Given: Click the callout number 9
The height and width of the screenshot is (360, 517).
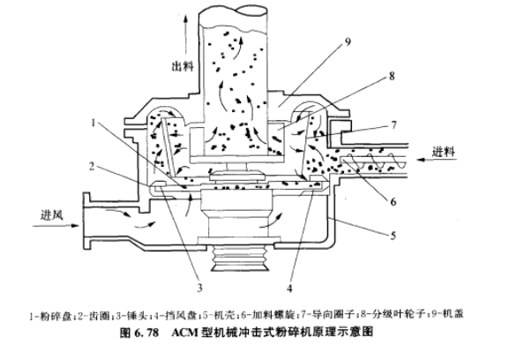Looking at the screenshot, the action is [348, 41].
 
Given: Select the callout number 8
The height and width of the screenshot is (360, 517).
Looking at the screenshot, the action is [392, 76].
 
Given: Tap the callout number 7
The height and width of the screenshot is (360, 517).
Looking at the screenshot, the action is [393, 125].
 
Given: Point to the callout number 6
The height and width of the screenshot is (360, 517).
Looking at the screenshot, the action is [393, 201].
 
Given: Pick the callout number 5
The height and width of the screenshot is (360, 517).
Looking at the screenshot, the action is [393, 236].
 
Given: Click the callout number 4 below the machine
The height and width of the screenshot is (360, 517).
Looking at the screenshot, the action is [289, 289].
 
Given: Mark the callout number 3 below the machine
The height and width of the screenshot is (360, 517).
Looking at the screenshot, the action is [199, 288].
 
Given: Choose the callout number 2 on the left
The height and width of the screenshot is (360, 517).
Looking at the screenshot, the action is [92, 167].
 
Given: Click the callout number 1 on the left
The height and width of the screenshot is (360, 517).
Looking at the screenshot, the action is [94, 123].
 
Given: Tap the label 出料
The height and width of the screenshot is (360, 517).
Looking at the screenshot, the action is [183, 66].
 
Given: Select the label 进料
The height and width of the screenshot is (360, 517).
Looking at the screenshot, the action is [444, 152].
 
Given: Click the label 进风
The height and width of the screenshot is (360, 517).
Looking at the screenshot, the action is [52, 215].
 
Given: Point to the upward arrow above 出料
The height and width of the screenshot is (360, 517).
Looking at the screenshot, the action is [185, 35].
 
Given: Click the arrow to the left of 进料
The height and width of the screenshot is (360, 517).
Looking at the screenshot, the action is [437, 160].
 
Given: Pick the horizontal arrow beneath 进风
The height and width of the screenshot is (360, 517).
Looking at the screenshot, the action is [56, 226].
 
